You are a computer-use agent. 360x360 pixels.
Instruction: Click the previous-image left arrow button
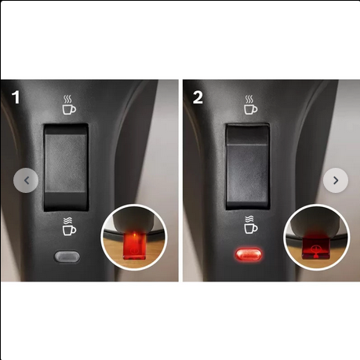coord(26,180)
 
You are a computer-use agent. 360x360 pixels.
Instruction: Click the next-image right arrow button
coord(336,180)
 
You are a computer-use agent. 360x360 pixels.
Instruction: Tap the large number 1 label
coord(16,97)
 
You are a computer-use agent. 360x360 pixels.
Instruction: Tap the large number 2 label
coord(198,97)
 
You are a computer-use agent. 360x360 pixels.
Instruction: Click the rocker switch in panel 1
coord(66,167)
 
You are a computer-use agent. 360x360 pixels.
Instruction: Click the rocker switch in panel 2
coord(248,166)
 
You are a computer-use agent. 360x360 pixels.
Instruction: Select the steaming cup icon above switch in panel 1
coord(69,105)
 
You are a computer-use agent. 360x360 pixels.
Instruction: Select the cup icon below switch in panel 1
coord(69,227)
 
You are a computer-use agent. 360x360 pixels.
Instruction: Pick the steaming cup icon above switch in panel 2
coord(251,105)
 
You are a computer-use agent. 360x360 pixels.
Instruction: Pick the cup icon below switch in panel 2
coord(251,225)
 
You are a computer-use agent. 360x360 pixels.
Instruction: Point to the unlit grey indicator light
coord(67,256)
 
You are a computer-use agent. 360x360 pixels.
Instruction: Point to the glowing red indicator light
coord(249,255)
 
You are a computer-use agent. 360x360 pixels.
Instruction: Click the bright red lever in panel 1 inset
coord(134,245)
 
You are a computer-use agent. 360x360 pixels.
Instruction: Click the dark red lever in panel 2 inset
coord(316,247)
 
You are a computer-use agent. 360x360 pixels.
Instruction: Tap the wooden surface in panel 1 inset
coord(112,250)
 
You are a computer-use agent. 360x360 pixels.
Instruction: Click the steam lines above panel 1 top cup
coord(67,100)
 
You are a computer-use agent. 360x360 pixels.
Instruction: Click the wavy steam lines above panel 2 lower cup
coord(249,220)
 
